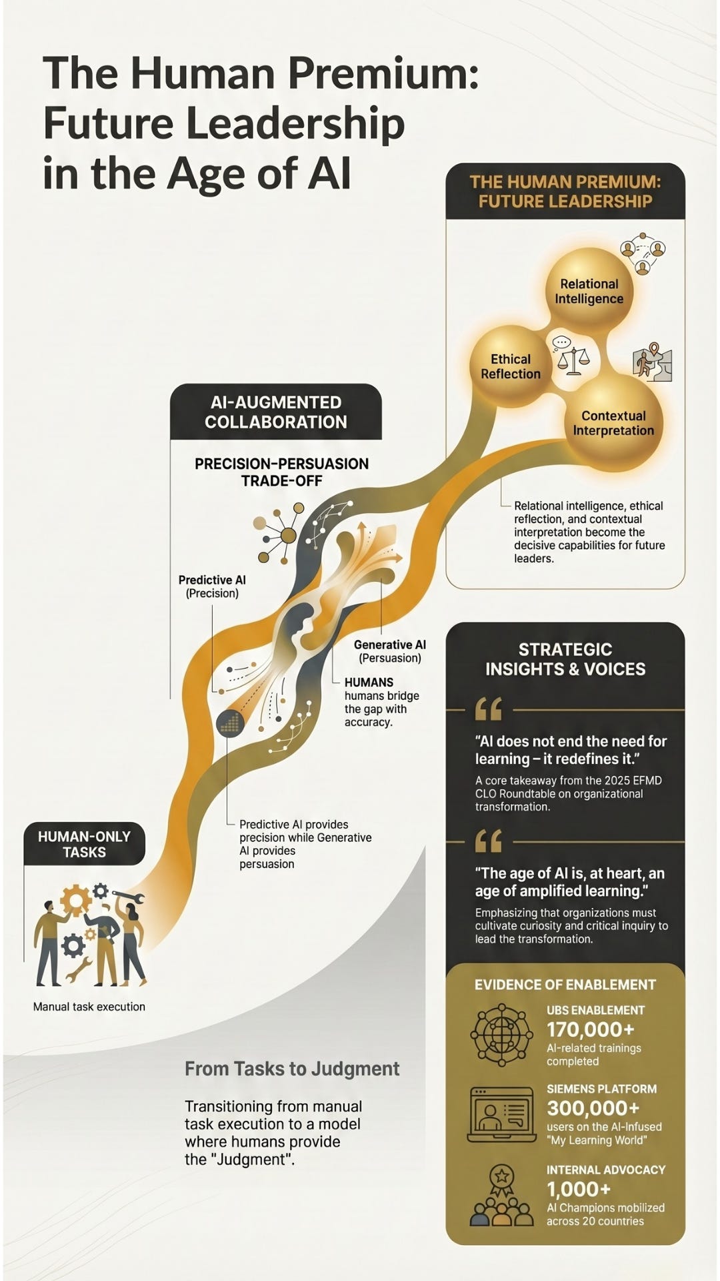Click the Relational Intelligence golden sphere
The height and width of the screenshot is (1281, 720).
(589, 292)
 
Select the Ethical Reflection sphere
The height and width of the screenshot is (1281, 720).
(511, 366)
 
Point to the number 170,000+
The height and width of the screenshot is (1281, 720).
(590, 1029)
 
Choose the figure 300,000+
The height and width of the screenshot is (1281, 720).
(593, 1108)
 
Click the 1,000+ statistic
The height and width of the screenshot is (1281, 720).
(579, 1189)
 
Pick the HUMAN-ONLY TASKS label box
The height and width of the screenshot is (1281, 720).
(85, 844)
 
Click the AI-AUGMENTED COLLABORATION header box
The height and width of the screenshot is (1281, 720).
(276, 412)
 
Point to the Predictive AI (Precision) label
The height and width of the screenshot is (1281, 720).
(212, 586)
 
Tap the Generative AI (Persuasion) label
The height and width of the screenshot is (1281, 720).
(390, 651)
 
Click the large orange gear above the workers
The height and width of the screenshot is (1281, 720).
(76, 899)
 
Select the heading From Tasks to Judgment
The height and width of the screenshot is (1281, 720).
(292, 1069)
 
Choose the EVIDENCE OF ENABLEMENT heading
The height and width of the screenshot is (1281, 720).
(565, 985)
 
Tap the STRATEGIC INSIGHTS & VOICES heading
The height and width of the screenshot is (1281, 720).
(565, 659)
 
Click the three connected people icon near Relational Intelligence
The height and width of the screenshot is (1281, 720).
(643, 254)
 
